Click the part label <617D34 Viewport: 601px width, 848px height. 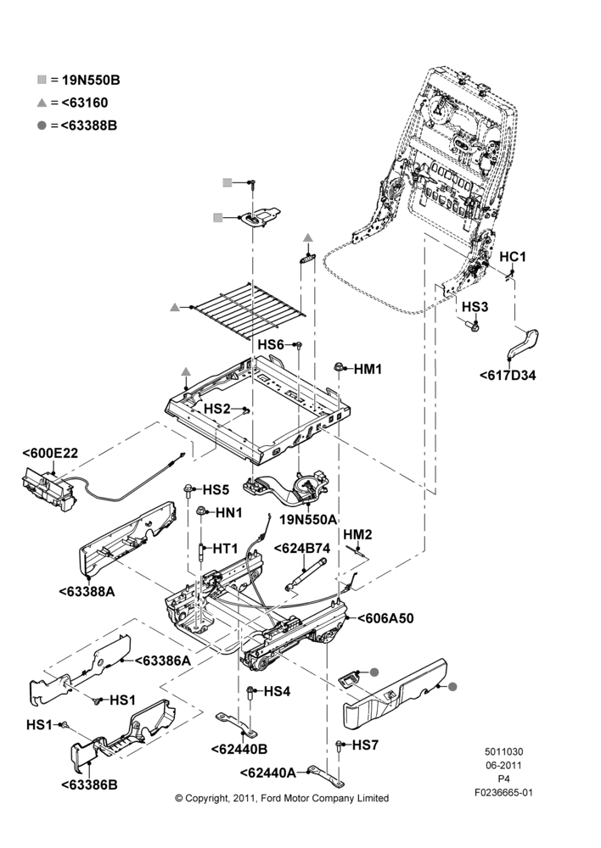click(508, 375)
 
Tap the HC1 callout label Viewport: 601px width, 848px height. click(512, 256)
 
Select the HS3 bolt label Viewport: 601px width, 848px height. click(475, 307)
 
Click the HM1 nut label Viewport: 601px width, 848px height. click(368, 370)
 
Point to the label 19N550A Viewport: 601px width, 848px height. click(308, 520)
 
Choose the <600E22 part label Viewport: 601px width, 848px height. click(50, 453)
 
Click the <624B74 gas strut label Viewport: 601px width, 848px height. click(301, 548)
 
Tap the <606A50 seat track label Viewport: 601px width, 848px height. click(385, 617)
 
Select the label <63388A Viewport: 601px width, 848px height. click(87, 591)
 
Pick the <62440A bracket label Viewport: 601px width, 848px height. click(268, 773)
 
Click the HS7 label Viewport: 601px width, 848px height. click(366, 745)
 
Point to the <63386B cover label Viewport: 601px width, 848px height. click(89, 784)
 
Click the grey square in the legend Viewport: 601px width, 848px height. click(42, 80)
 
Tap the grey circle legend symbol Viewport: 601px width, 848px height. click(42, 126)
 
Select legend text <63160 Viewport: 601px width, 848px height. click(85, 103)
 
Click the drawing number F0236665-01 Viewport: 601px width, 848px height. click(503, 793)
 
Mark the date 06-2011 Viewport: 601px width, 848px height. click(503, 765)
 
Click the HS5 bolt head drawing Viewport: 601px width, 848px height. click(188, 489)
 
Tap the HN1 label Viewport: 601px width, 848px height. click(229, 513)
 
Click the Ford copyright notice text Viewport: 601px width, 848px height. click(282, 798)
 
